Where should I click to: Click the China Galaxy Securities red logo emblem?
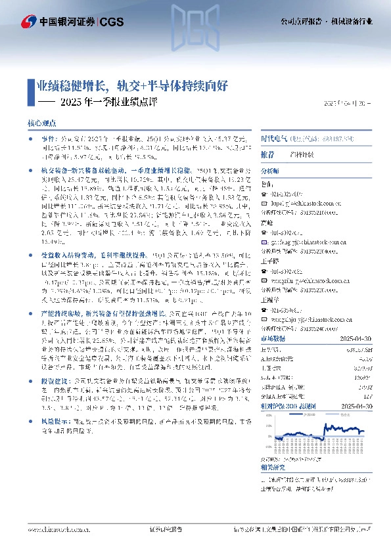(x=28, y=22)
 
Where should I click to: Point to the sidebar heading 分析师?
(x=271, y=170)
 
